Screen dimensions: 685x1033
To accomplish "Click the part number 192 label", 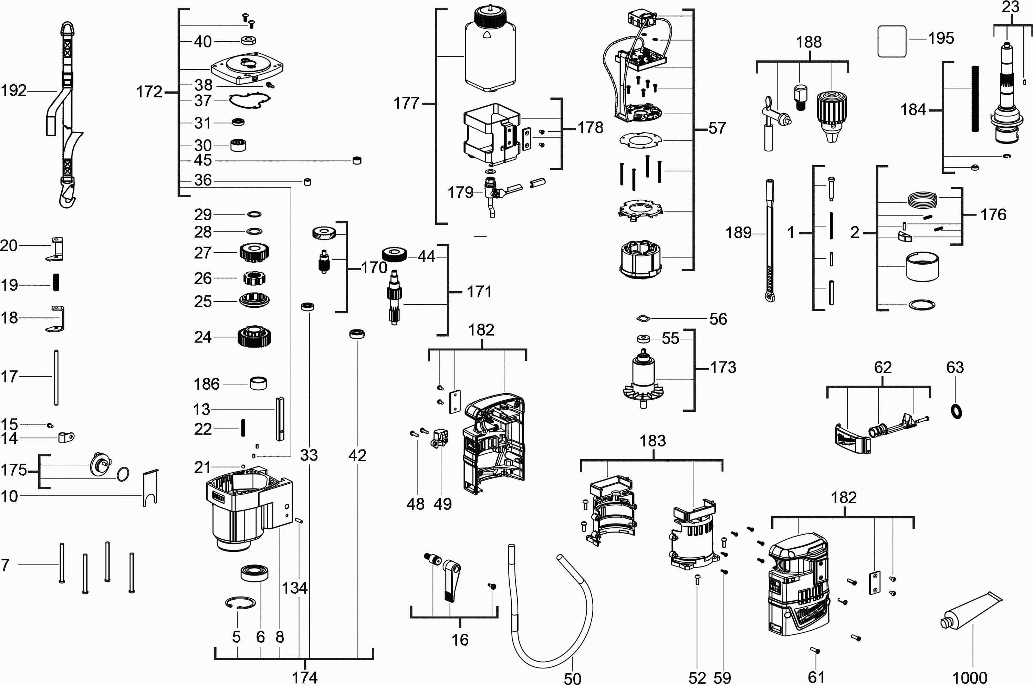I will click(13, 91).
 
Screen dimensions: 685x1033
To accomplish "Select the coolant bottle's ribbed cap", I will click(490, 16).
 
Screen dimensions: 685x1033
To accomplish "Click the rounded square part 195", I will click(892, 41).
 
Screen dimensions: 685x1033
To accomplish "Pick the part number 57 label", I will click(717, 128).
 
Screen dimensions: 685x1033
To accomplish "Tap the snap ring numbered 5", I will click(240, 603).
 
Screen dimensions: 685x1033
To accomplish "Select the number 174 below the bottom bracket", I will click(305, 677).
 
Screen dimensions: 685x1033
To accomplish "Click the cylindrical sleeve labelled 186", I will click(258, 383).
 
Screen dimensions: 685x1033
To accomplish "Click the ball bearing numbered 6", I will click(254, 573).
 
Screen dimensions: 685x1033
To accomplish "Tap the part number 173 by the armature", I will click(723, 367).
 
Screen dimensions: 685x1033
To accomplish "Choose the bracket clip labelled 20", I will click(55, 250).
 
